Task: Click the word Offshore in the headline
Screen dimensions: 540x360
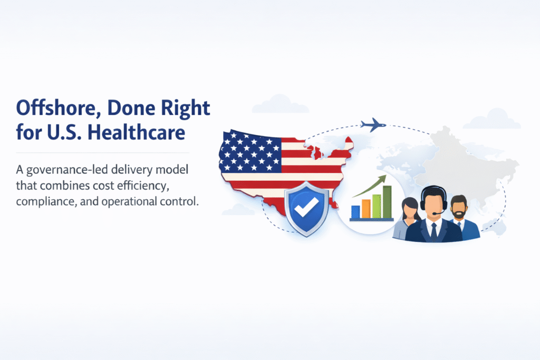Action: click(56, 108)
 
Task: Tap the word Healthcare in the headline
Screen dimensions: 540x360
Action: click(136, 132)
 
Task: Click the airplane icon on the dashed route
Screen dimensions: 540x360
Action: click(373, 124)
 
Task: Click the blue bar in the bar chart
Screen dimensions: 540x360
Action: click(355, 212)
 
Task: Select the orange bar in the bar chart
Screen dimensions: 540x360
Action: click(366, 209)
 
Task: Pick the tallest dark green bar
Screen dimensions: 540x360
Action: click(387, 202)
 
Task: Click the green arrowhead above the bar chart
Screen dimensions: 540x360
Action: click(382, 179)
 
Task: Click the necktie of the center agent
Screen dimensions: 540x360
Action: click(434, 231)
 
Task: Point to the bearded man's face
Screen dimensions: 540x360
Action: click(459, 208)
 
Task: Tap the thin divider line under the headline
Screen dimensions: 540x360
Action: click(103, 152)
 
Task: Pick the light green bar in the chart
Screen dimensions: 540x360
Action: click(377, 206)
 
